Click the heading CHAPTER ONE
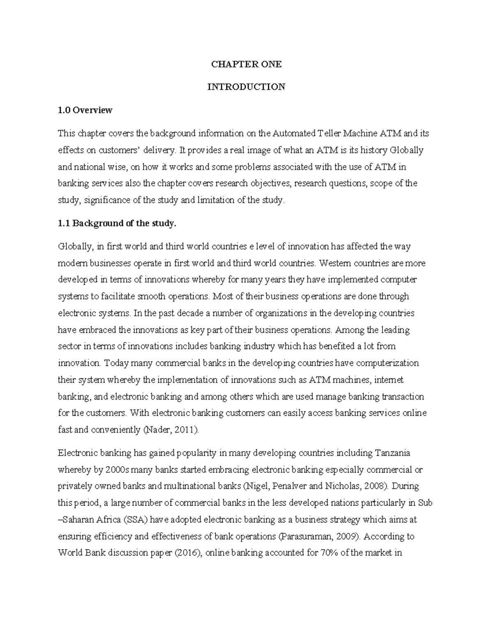246,64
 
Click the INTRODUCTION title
246,87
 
